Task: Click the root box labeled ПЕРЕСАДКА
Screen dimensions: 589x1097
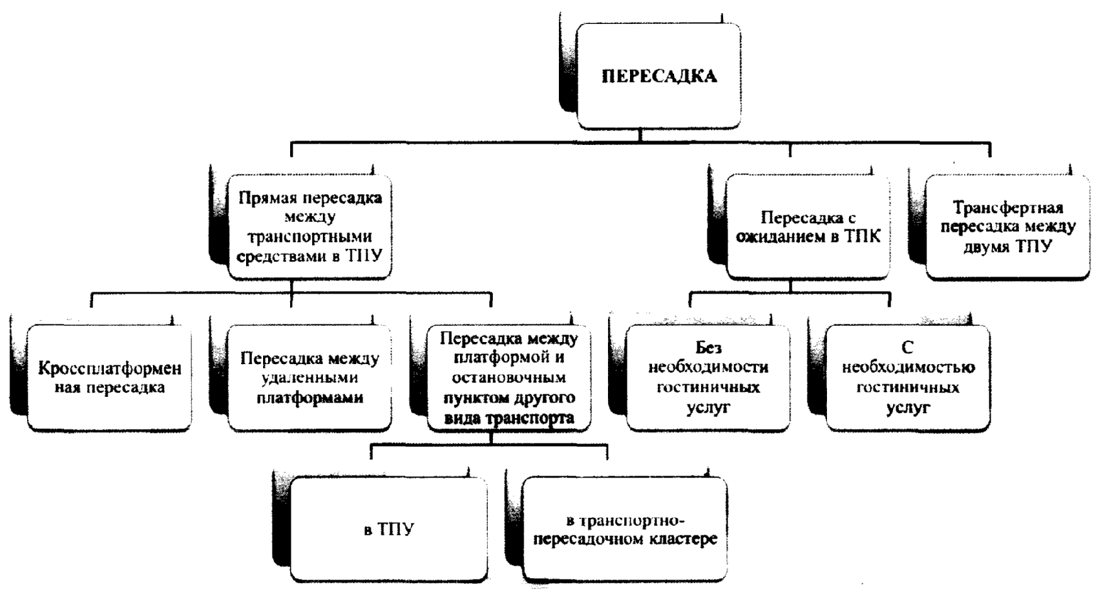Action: pos(658,76)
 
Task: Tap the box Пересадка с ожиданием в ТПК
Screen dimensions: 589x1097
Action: pos(807,227)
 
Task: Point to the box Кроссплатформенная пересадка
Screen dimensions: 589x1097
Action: pos(110,377)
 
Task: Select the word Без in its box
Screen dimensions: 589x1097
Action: pos(708,348)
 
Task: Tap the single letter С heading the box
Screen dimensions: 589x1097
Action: pos(907,348)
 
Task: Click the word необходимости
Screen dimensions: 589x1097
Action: pos(708,367)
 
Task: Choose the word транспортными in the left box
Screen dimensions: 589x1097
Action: pos(309,237)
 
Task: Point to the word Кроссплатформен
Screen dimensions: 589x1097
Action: pos(110,368)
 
